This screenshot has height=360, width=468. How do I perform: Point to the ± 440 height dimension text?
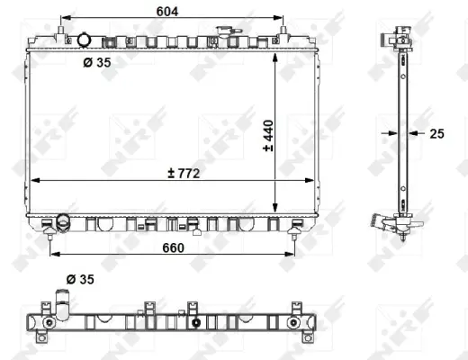(x=268, y=134)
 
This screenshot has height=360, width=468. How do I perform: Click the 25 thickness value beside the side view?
(x=436, y=133)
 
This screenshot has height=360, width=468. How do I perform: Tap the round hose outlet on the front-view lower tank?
(x=62, y=221)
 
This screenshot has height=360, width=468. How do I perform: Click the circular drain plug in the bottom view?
(x=195, y=323)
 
